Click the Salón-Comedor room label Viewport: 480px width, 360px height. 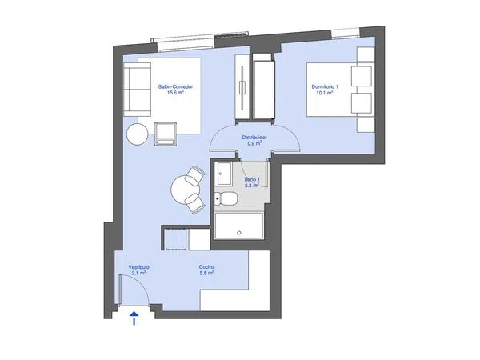point(175,86)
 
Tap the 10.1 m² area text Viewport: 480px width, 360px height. point(325,93)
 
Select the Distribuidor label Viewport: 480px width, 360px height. point(254,138)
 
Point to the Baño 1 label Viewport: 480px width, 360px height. point(252,179)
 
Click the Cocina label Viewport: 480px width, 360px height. point(206,267)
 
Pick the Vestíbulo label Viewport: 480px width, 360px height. point(138,267)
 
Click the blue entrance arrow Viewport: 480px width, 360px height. point(134,318)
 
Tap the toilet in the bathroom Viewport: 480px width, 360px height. point(226,198)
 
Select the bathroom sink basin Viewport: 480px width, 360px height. point(224,174)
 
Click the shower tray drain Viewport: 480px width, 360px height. point(238,233)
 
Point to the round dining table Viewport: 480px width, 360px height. point(185,189)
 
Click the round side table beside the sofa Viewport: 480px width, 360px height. point(138,134)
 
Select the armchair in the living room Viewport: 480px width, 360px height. point(166,134)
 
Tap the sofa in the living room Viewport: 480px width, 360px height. point(137,90)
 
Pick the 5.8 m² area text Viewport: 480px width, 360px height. point(206,273)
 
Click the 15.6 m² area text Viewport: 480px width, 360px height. point(175,93)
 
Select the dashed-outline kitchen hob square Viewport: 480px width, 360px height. point(176,239)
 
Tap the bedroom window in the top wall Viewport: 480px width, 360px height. point(346,34)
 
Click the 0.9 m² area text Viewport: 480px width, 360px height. point(254,143)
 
